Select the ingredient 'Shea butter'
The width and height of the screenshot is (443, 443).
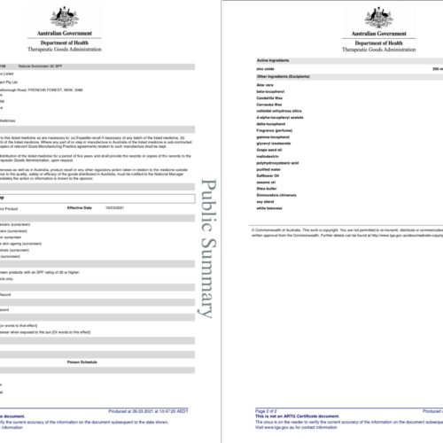tap(257, 184)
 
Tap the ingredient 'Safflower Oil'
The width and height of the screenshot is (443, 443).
tap(259, 169)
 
